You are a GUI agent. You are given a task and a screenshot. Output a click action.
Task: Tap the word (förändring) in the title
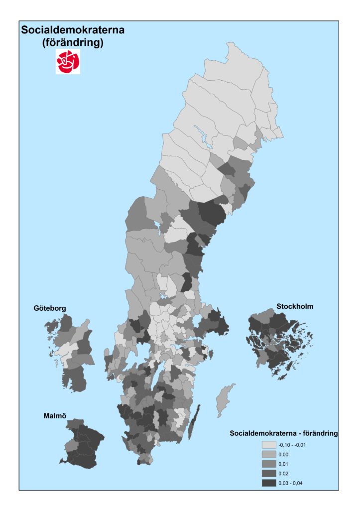(73, 43)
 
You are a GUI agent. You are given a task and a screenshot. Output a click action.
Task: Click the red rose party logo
(68, 63)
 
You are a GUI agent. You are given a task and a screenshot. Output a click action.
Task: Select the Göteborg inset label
(50, 309)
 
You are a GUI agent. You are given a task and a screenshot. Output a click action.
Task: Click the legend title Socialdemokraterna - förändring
(284, 433)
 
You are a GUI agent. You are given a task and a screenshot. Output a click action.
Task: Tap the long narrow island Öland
(194, 421)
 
